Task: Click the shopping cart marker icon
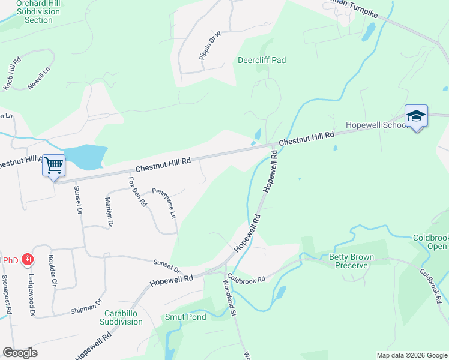point(53,165)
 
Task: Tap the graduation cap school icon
point(416,116)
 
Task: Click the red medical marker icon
point(27,260)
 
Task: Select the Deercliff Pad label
point(261,60)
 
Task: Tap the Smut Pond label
point(185,317)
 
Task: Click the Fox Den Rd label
point(137,191)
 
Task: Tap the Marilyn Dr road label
point(109,212)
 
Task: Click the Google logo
point(20,353)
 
